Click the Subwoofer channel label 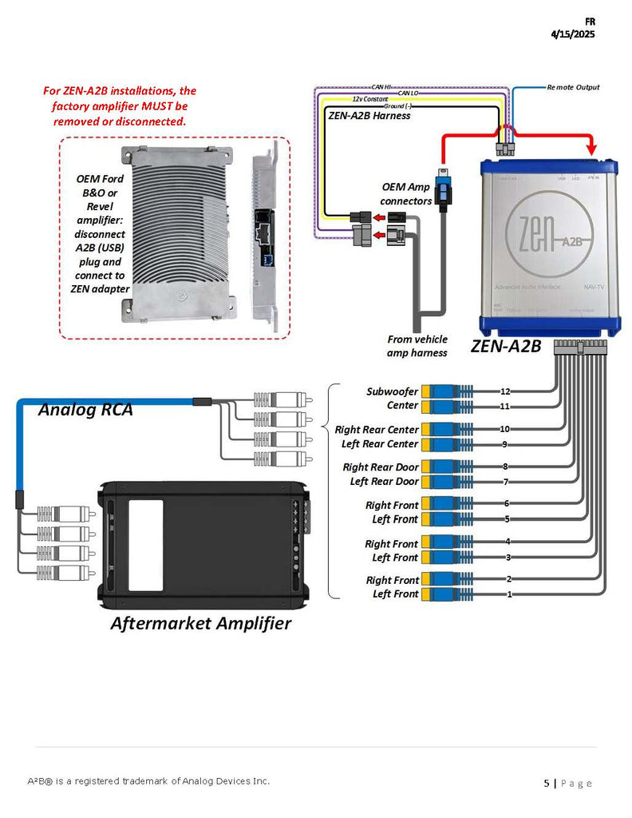392,391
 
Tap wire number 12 504,391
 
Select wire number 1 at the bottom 509,594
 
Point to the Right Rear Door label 381,467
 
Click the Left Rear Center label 379,443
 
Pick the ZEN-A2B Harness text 369,115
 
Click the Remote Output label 573,87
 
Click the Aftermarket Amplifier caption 200,623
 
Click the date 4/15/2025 572,34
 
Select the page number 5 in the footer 547,783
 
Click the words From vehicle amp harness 417,346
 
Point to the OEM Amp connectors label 406,193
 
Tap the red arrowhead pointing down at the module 591,150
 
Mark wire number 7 505,482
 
